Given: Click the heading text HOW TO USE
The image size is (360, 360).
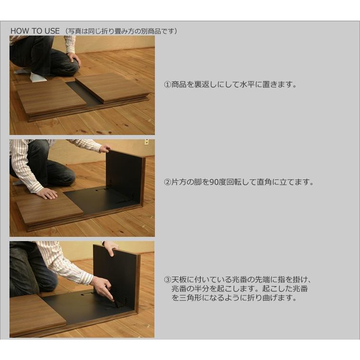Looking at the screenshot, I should pyautogui.click(x=35, y=31).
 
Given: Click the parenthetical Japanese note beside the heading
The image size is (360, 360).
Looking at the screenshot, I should pyautogui.click(x=122, y=31).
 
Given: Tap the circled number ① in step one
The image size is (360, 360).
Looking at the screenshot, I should pyautogui.click(x=167, y=85).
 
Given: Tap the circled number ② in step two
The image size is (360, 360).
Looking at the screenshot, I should pyautogui.click(x=167, y=182).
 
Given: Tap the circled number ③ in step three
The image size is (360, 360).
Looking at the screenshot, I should pyautogui.click(x=167, y=279).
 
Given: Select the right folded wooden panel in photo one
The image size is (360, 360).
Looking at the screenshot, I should pyautogui.click(x=112, y=87).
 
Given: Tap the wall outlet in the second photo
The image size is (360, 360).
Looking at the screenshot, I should pyautogui.click(x=146, y=142).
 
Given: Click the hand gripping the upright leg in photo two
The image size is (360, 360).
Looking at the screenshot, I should pyautogui.click(x=105, y=149).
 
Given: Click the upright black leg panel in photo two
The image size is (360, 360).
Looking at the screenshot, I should pyautogui.click(x=123, y=175).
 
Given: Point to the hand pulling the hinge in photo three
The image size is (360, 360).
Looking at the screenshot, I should pyautogui.click(x=103, y=287).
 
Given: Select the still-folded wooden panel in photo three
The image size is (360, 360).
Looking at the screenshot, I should pyautogui.click(x=36, y=313).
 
